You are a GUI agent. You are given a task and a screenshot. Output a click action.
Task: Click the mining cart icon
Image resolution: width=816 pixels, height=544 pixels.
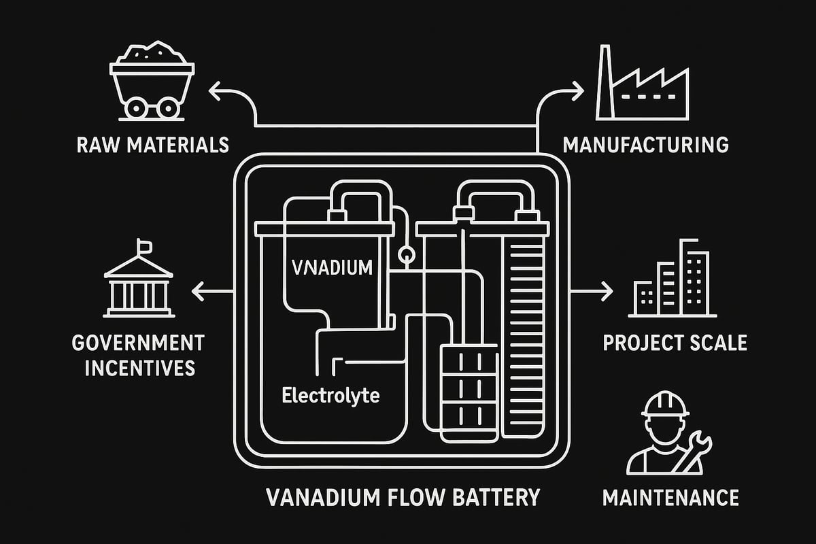pyautogui.click(x=152, y=82)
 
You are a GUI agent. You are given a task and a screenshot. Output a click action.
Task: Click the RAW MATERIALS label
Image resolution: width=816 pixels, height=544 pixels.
pyautogui.click(x=152, y=145)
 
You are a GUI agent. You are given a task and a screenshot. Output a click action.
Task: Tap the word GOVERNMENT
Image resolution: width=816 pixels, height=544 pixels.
pyautogui.click(x=138, y=341)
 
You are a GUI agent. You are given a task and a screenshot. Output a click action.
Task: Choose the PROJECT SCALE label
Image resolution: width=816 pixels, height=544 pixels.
pyautogui.click(x=675, y=342)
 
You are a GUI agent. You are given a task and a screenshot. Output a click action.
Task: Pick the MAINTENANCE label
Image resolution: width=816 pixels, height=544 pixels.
pyautogui.click(x=670, y=498)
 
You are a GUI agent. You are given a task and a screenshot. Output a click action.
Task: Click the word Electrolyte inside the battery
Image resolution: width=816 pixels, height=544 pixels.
pyautogui.click(x=330, y=394)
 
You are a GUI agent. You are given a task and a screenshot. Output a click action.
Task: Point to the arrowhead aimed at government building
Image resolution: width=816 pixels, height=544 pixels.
pyautogui.click(x=197, y=292)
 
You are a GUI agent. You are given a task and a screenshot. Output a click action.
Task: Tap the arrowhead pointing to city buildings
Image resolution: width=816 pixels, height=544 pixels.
pyautogui.click(x=607, y=292)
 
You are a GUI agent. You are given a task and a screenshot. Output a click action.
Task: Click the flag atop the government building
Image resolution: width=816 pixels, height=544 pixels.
pyautogui.click(x=144, y=244)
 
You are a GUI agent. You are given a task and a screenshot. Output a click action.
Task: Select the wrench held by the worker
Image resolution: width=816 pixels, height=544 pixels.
pyautogui.click(x=698, y=452)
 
